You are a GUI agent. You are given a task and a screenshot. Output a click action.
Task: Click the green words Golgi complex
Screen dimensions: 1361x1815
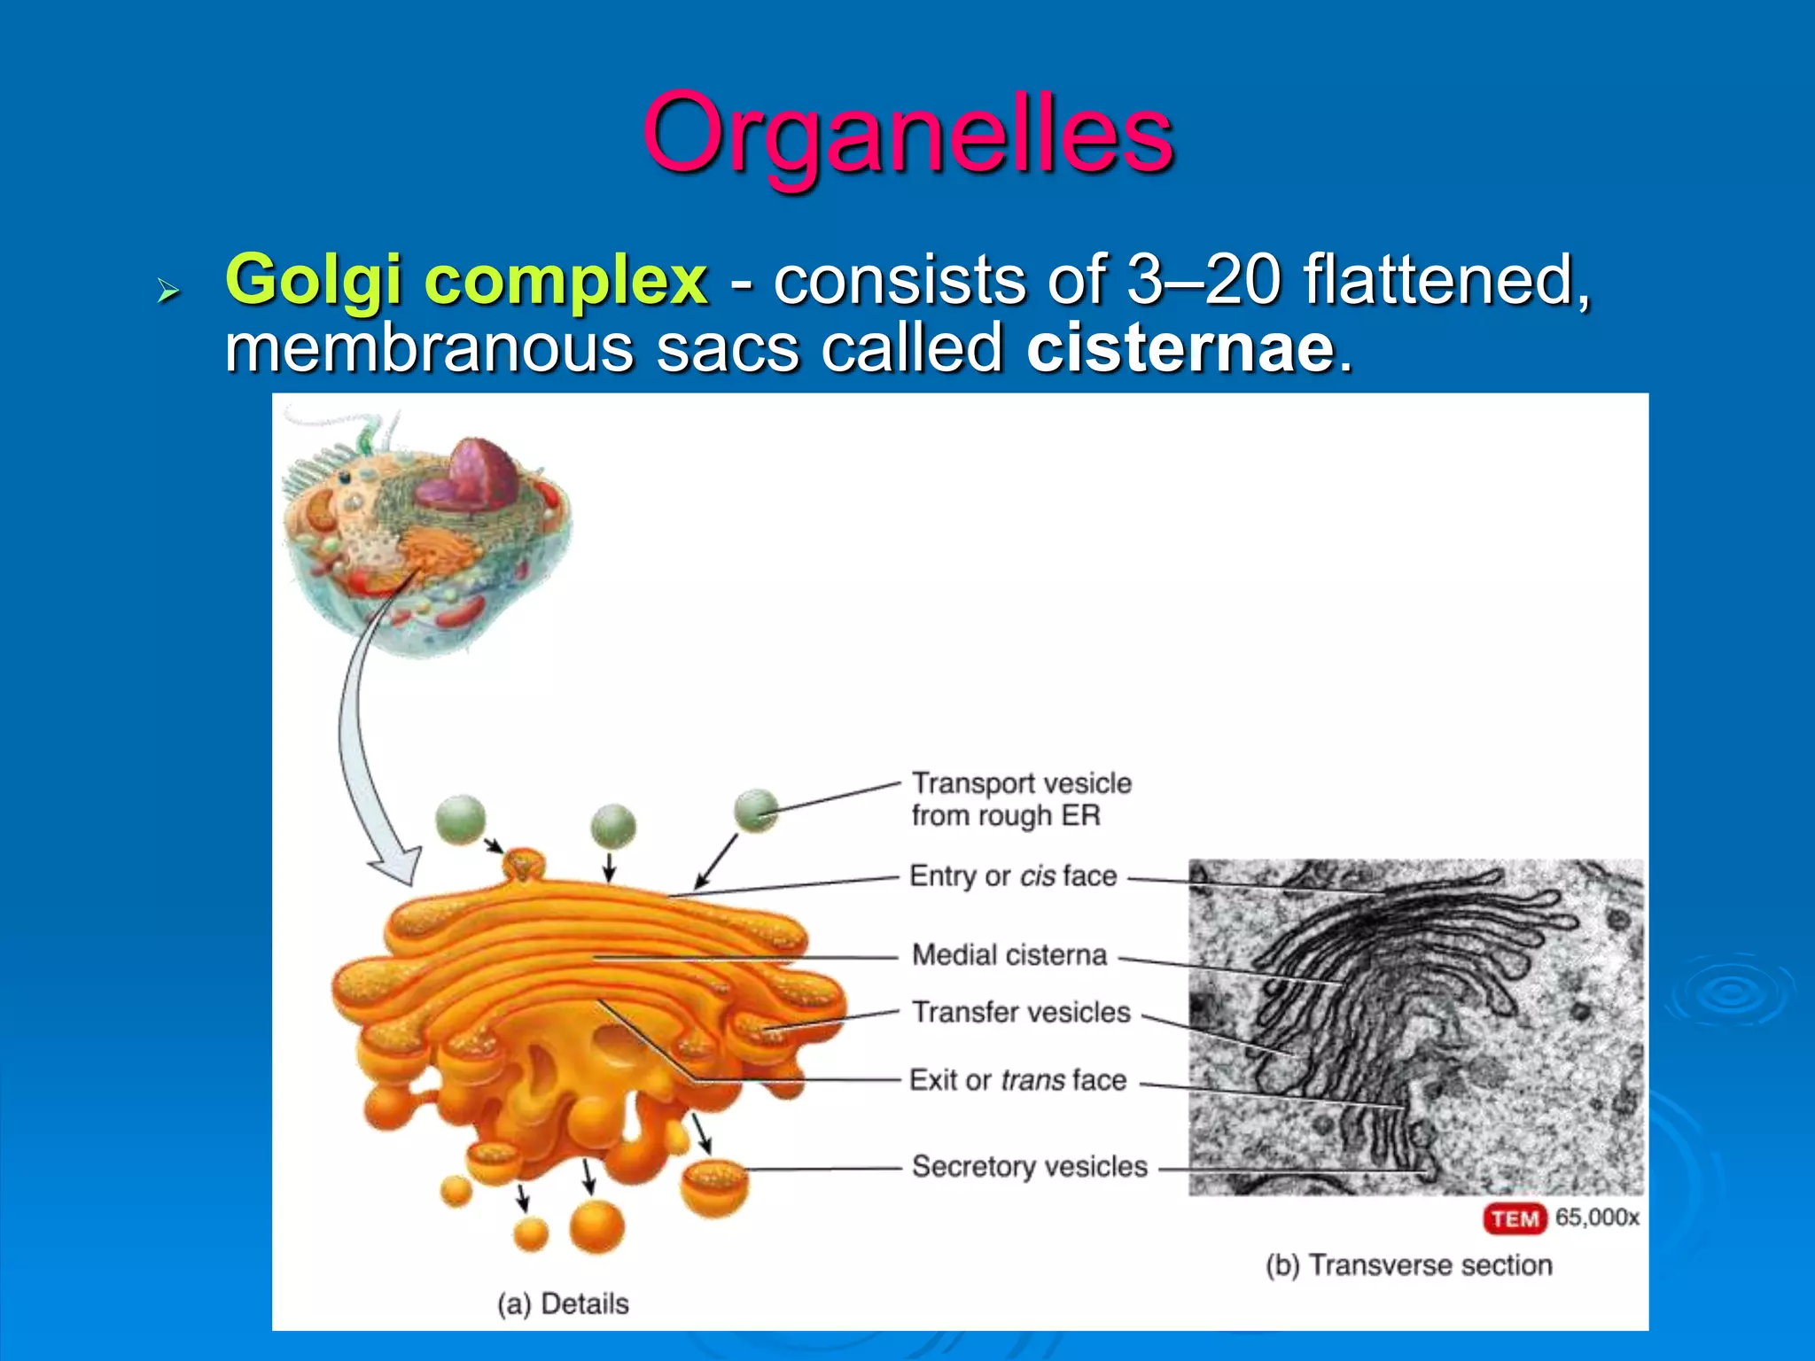tap(466, 280)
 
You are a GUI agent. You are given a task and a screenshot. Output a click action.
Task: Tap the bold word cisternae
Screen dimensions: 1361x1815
tap(1180, 347)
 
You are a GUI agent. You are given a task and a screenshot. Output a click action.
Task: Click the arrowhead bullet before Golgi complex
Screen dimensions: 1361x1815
tap(167, 290)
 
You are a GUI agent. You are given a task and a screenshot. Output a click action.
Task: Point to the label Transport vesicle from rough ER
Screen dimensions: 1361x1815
tap(1021, 799)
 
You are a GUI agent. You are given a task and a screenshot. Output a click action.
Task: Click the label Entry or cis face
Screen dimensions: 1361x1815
tap(1013, 876)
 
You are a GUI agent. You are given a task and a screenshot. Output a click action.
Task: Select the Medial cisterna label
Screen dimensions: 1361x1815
tap(1009, 955)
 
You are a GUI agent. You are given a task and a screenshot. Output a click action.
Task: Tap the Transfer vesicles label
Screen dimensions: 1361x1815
tap(1021, 1012)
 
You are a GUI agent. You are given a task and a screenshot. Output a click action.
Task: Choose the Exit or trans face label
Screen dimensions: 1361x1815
tap(1017, 1080)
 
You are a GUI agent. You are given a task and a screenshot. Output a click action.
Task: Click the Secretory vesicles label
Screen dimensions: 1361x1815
tap(1029, 1166)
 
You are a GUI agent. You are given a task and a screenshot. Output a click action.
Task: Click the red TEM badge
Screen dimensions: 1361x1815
tap(1515, 1219)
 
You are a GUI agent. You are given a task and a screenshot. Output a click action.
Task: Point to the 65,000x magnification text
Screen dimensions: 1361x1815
tap(1597, 1217)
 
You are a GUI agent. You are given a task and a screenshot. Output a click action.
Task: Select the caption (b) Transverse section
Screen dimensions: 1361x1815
tap(1408, 1265)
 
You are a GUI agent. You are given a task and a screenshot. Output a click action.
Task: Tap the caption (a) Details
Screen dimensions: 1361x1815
tap(563, 1304)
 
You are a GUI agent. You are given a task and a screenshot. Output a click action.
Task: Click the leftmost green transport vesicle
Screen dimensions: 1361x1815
tap(461, 819)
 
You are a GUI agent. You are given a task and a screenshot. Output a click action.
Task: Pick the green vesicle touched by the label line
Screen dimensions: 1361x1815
tap(756, 810)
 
